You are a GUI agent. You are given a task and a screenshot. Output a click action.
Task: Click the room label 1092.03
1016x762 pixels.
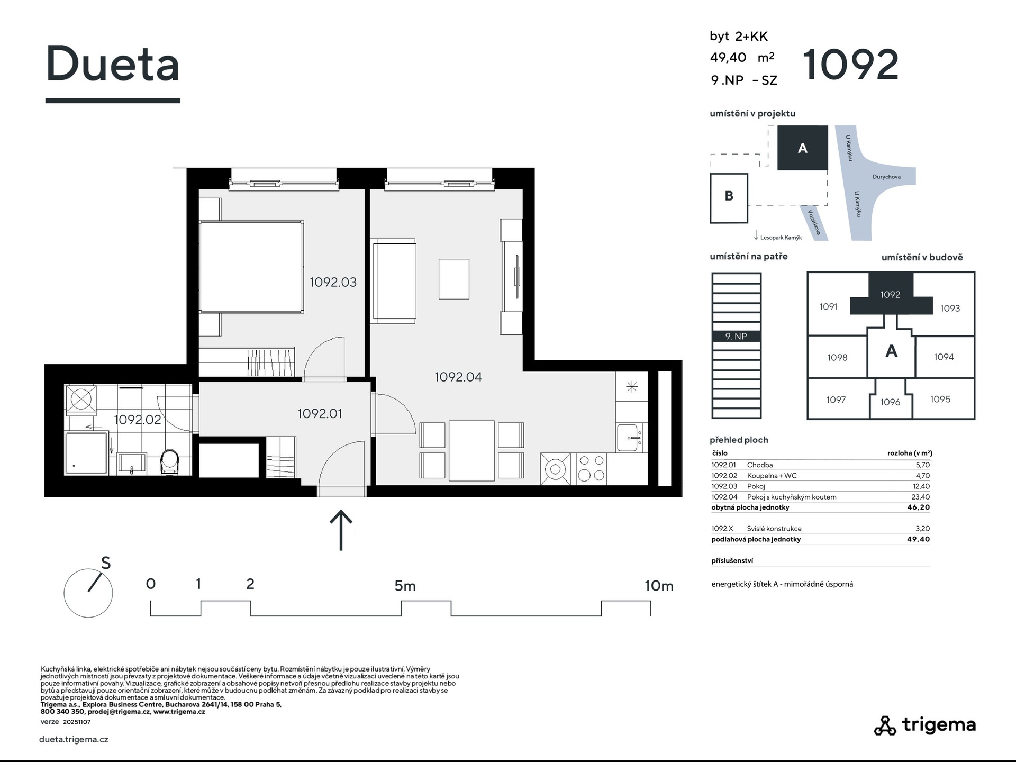pyautogui.click(x=333, y=283)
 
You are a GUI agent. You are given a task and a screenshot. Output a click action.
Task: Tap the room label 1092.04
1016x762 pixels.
pyautogui.click(x=458, y=377)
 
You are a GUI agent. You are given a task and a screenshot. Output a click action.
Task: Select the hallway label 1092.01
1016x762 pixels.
pyautogui.click(x=320, y=414)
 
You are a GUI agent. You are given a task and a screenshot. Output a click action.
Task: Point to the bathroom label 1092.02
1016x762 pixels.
pyautogui.click(x=138, y=420)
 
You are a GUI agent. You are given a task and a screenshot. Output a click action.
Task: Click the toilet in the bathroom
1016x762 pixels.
pyautogui.click(x=170, y=462)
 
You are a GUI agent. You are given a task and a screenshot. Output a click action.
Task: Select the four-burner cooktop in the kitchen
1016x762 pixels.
pyautogui.click(x=591, y=468)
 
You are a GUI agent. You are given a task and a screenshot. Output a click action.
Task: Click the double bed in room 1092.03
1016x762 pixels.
pyautogui.click(x=251, y=267)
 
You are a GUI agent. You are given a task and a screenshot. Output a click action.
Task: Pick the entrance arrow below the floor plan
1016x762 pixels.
pyautogui.click(x=341, y=530)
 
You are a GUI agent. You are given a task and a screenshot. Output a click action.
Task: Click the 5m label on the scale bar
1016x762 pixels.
pyautogui.click(x=405, y=586)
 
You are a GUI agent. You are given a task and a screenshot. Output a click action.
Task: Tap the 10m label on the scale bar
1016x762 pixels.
pyautogui.click(x=659, y=586)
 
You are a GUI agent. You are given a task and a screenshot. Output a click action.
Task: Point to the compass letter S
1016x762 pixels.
pyautogui.click(x=106, y=564)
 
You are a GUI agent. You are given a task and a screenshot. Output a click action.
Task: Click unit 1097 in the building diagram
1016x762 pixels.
pyautogui.click(x=836, y=400)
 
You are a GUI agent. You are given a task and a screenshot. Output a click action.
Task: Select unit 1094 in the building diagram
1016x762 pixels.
pyautogui.click(x=944, y=357)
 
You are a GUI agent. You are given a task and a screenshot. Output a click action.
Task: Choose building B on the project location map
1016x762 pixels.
pyautogui.click(x=729, y=198)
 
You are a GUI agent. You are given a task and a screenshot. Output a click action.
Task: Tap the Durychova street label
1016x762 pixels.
pyautogui.click(x=886, y=177)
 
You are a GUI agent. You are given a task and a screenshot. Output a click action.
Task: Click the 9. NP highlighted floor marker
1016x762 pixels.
pyautogui.click(x=736, y=336)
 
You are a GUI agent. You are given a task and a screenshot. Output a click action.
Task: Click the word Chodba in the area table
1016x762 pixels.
pyautogui.click(x=760, y=465)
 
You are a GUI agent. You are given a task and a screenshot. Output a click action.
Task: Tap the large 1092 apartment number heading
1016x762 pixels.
pyautogui.click(x=851, y=65)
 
